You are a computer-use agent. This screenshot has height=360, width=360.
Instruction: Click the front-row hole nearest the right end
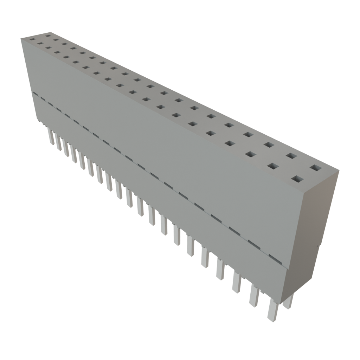coord(297,179)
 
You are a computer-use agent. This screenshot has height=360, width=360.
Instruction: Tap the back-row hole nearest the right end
coord(315,168)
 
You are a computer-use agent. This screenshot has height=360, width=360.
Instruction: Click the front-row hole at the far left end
coord(33,40)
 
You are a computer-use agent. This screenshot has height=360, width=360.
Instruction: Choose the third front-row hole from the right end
coord(250,154)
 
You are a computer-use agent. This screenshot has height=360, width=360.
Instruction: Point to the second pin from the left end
coord(58,142)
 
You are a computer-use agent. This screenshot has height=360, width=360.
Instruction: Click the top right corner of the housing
coord(339,171)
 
